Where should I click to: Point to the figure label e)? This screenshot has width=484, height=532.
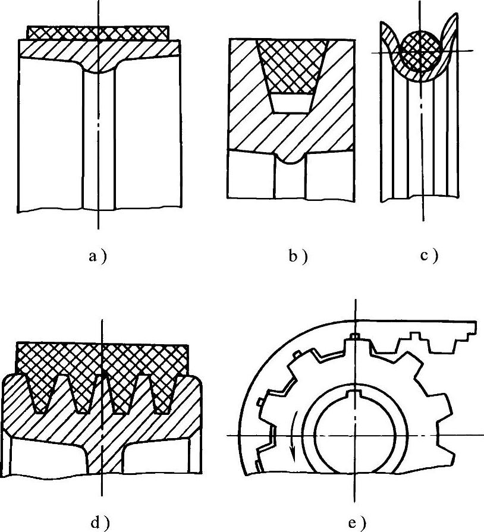point(355,522)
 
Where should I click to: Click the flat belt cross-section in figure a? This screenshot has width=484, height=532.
point(99,32)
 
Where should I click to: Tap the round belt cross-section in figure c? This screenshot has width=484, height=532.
point(421,51)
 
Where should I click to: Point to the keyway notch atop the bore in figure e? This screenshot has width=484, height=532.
point(355,394)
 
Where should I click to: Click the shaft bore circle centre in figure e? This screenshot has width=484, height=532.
point(355,436)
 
